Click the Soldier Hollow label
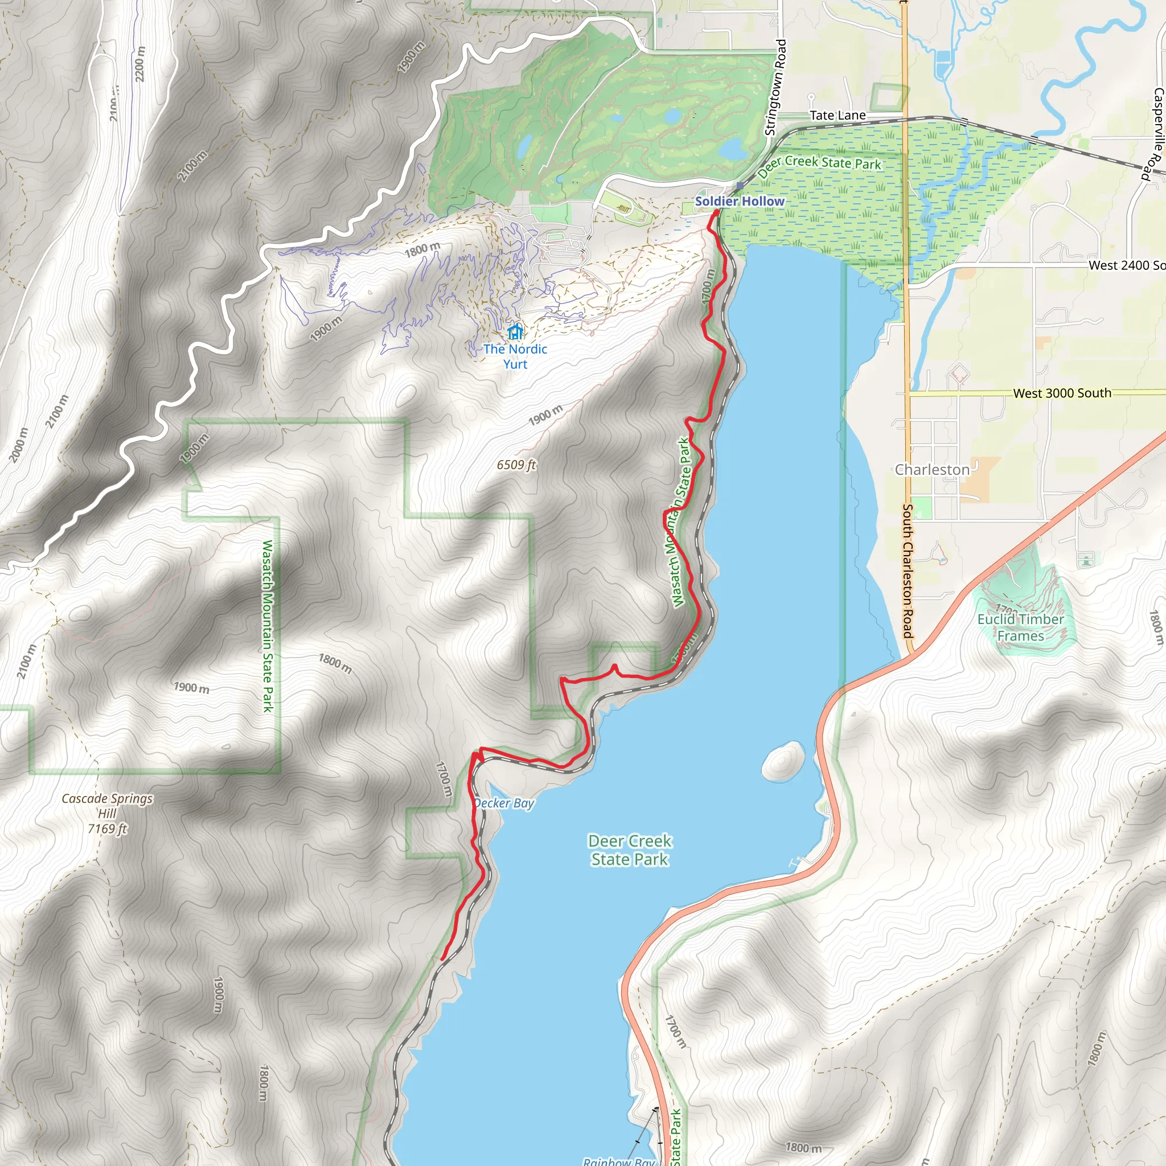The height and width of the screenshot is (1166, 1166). (x=740, y=201)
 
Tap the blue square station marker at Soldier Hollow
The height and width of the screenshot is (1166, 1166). (x=740, y=186)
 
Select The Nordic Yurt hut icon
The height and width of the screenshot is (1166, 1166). (x=515, y=331)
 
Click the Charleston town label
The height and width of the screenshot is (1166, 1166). (x=932, y=470)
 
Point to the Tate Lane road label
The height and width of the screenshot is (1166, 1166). (x=837, y=115)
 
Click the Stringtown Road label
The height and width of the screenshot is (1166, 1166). (x=775, y=88)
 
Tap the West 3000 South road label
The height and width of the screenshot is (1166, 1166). (x=1062, y=393)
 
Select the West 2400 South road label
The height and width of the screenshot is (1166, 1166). (x=1126, y=265)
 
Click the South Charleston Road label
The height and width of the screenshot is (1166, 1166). (x=907, y=571)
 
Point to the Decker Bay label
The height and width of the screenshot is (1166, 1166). (x=504, y=803)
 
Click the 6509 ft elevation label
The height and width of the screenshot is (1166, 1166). (x=516, y=465)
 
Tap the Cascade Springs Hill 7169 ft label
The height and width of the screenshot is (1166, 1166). (x=108, y=813)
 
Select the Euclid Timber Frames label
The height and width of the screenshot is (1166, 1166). (x=1021, y=627)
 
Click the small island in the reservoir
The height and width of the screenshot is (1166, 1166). (x=783, y=761)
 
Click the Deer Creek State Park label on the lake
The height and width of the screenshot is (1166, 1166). (x=630, y=850)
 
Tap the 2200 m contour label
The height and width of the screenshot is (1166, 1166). (x=140, y=64)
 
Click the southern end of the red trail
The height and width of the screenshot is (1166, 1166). (x=442, y=959)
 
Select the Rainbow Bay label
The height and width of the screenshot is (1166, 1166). (x=619, y=1160)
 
